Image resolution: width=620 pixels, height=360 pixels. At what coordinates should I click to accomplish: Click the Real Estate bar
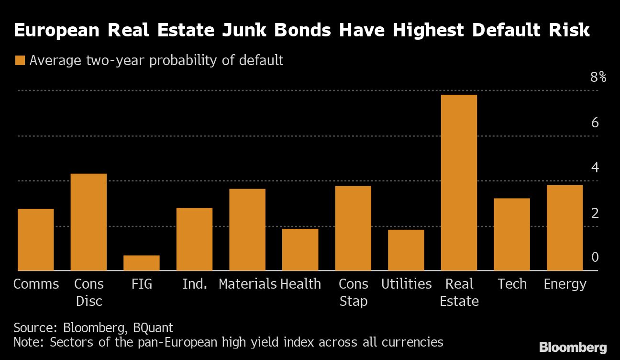click(x=459, y=183)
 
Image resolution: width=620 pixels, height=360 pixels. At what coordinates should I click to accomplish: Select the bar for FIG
click(x=142, y=263)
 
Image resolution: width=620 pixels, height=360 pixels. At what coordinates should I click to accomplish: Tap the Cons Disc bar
click(x=89, y=222)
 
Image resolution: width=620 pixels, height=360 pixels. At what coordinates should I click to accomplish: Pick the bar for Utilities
click(x=406, y=250)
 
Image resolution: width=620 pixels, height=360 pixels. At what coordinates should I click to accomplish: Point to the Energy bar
click(x=565, y=228)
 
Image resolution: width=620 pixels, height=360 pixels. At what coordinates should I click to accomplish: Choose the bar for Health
click(x=300, y=249)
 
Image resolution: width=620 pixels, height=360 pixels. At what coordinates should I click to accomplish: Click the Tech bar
click(x=512, y=235)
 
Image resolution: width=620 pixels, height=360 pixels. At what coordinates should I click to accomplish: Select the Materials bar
click(x=247, y=230)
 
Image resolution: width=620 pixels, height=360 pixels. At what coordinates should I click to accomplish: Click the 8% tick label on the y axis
click(x=598, y=77)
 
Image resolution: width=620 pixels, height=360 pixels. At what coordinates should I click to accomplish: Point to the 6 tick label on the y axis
click(x=595, y=123)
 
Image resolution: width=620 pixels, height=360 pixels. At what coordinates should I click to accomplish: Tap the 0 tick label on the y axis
click(x=595, y=258)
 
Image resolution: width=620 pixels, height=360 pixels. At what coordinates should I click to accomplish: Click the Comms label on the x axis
click(x=36, y=284)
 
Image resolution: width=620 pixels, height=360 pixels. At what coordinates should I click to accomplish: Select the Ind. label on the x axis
click(x=195, y=284)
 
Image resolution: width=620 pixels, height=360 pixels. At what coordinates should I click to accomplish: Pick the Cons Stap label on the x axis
click(x=353, y=292)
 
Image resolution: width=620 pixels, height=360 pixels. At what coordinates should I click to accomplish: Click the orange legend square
click(x=20, y=61)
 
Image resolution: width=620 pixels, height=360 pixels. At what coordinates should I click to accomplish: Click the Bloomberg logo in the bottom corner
click(x=573, y=347)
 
